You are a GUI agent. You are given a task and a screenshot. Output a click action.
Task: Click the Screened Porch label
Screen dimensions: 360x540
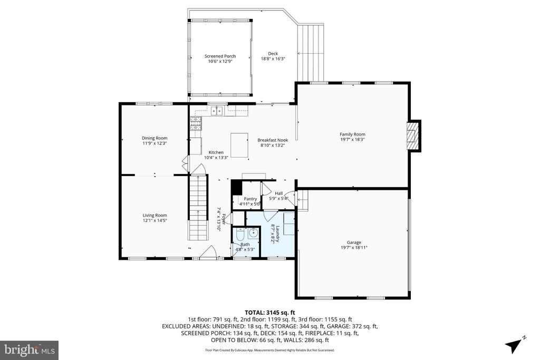[x=220, y=56]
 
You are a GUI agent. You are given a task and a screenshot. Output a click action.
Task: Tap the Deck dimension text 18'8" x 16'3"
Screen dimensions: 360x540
[x=273, y=59]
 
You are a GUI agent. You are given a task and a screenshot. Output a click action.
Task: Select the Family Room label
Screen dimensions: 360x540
[x=352, y=134]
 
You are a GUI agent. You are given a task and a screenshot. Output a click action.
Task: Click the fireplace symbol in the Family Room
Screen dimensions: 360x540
[x=413, y=136]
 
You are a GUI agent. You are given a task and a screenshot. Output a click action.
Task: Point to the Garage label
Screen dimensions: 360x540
[x=354, y=242]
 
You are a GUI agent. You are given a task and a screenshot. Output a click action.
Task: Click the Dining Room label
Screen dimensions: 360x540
[x=155, y=138]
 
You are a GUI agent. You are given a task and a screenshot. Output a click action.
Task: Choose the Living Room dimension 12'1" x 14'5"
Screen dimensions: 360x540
[x=155, y=220]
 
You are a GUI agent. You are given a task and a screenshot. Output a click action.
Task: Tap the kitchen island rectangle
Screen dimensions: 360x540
[x=240, y=145]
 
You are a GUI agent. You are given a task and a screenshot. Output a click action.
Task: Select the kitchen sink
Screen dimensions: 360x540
[x=216, y=111]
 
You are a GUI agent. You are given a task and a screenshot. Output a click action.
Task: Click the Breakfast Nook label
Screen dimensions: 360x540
[x=272, y=140]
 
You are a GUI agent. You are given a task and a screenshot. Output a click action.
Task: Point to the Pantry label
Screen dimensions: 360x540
[x=250, y=199]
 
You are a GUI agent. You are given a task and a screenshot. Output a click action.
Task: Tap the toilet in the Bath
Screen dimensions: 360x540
[x=240, y=233]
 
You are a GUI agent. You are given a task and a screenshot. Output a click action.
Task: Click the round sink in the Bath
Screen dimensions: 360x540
[x=253, y=232]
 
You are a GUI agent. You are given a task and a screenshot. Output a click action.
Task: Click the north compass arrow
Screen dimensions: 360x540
[x=513, y=345]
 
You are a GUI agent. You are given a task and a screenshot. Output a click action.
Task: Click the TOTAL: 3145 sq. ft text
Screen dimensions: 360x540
[x=269, y=312]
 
